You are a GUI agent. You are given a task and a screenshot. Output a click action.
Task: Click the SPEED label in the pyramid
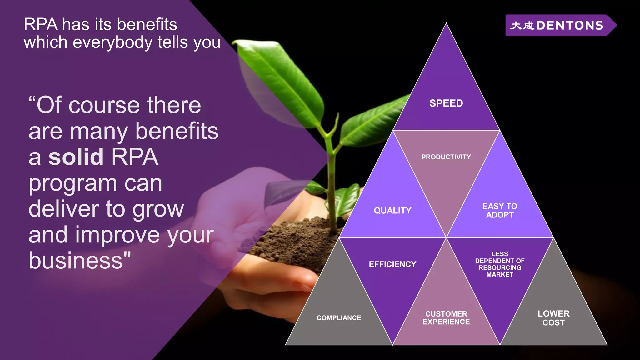446,103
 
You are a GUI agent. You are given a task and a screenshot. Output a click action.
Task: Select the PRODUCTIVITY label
446,157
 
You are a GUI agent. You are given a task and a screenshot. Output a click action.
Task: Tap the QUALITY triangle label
392,211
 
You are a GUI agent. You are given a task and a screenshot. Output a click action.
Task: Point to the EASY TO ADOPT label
500,211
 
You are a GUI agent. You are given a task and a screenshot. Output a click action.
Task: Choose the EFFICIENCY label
392,264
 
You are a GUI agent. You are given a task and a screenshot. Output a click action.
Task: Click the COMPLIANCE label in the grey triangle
339,318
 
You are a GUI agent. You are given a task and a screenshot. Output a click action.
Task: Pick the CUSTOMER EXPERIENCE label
446,318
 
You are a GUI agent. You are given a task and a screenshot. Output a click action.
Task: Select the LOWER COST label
553,318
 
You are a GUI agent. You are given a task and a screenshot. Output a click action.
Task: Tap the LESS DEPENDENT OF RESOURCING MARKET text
500,264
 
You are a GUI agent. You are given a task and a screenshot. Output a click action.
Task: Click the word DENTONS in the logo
570,26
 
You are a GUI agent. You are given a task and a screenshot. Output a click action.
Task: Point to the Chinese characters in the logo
522,26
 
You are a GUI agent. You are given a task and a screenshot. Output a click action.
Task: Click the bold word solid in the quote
76,157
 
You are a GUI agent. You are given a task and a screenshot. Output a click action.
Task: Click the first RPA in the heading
41,24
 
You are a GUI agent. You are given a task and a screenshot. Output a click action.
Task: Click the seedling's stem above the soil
332,194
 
